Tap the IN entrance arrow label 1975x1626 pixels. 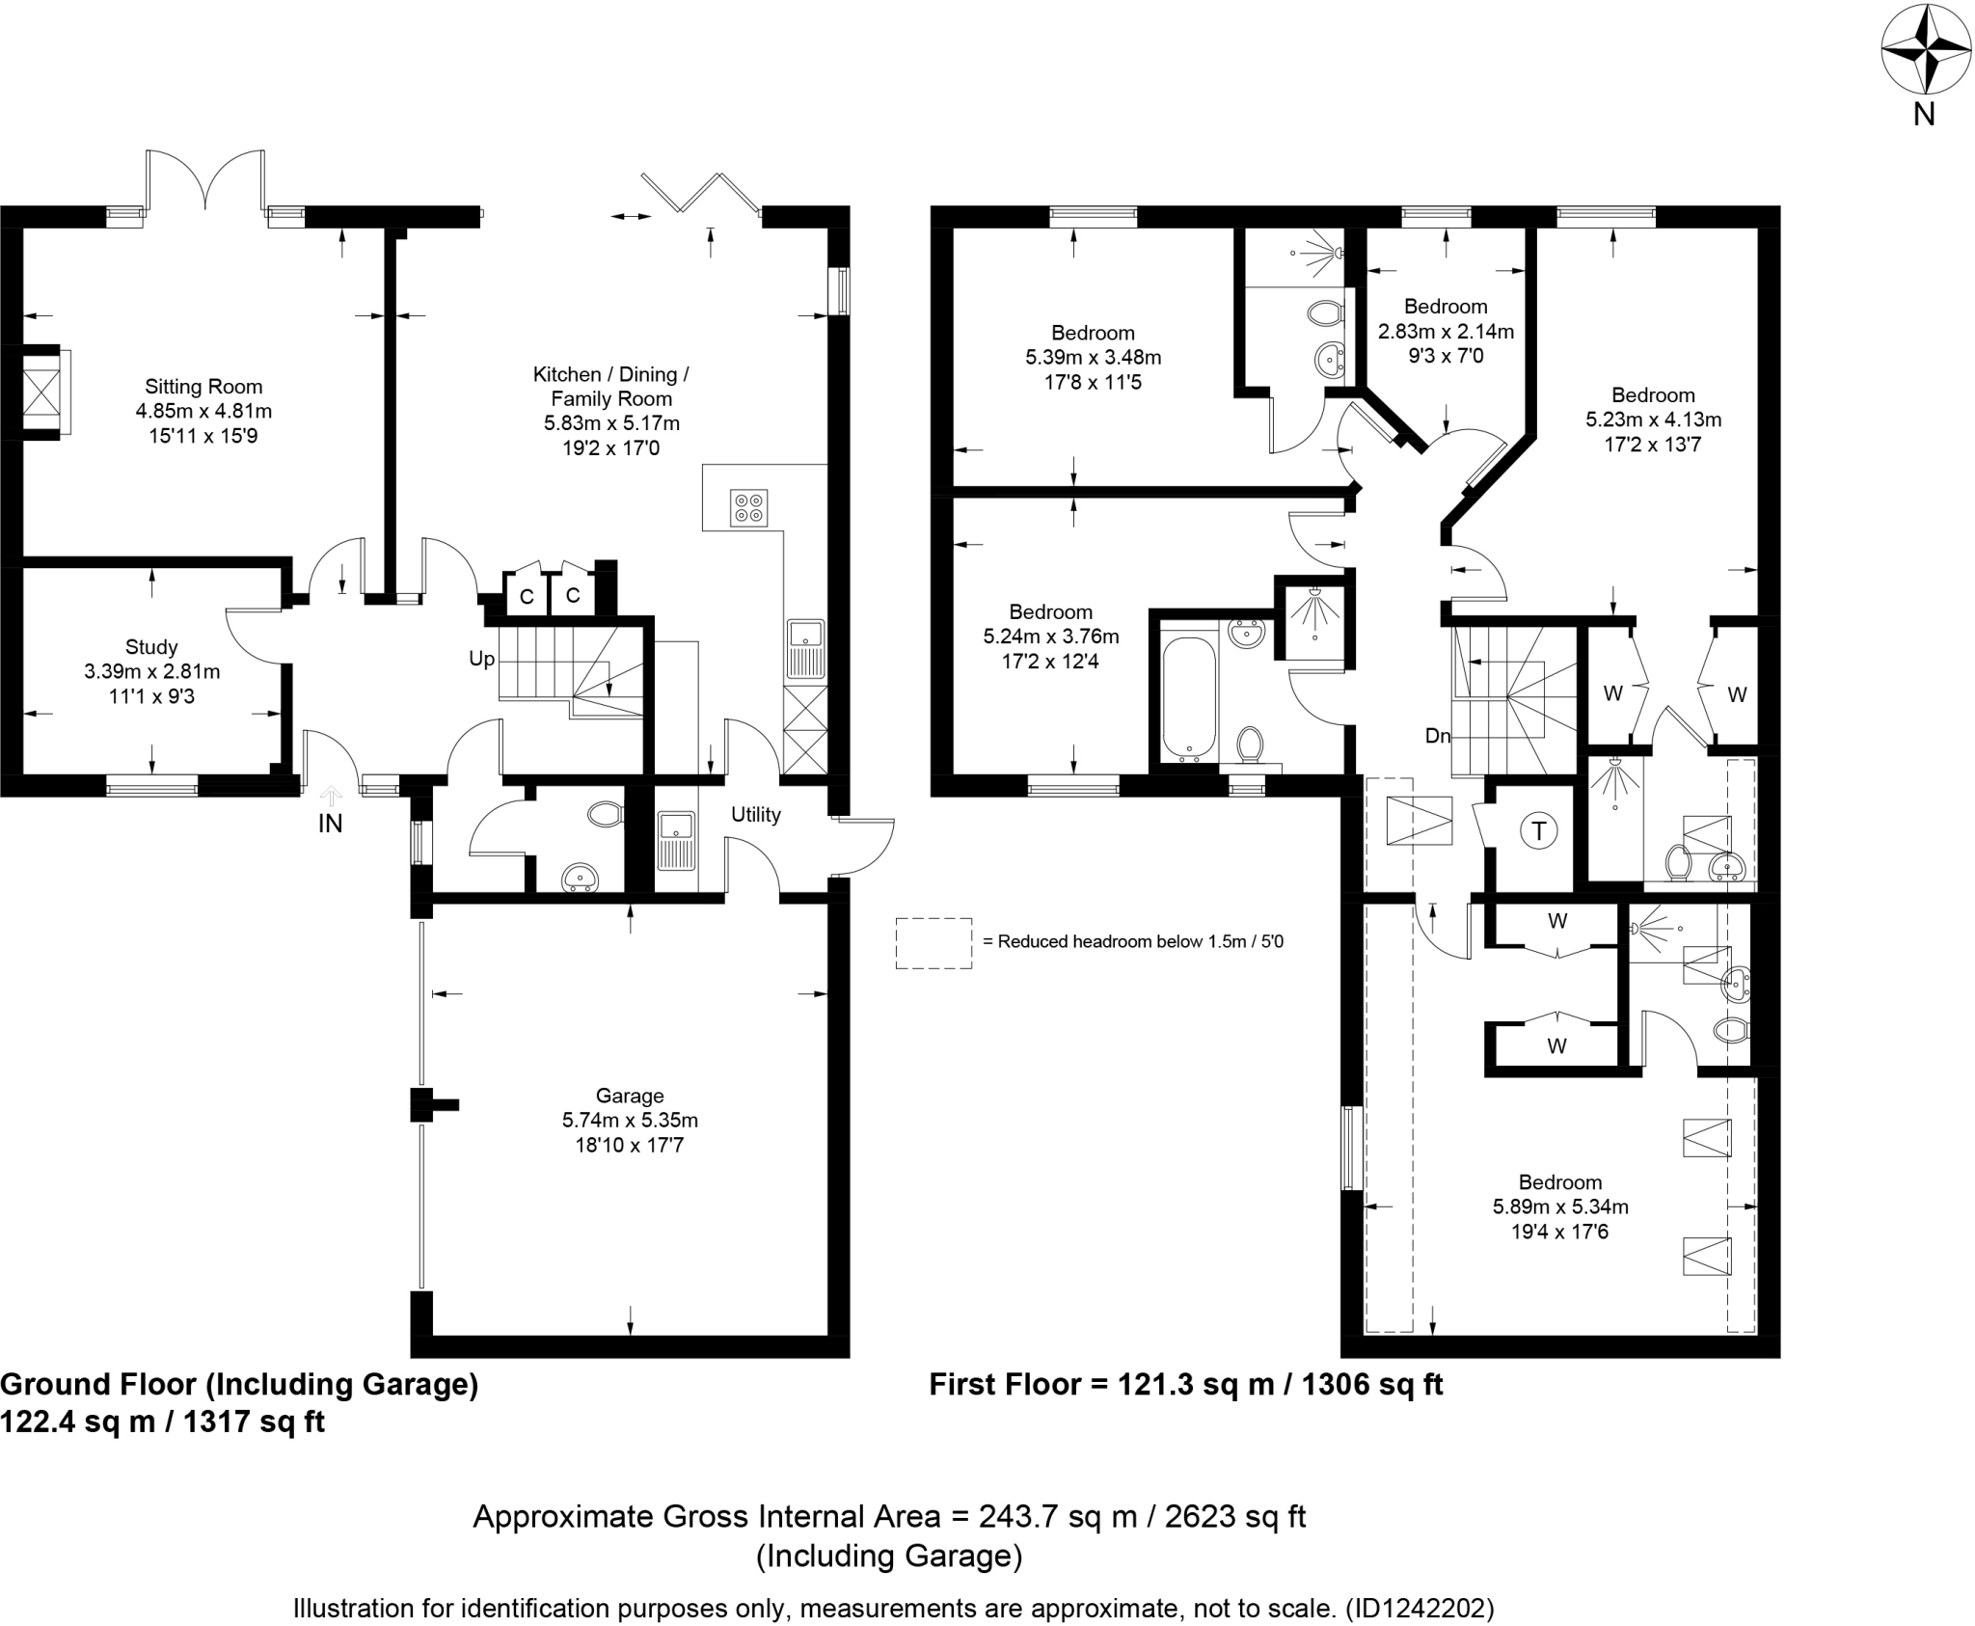(330, 824)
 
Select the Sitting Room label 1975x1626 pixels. (203, 387)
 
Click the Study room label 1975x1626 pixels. (151, 647)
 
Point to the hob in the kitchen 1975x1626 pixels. (749, 506)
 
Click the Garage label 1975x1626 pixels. (630, 1096)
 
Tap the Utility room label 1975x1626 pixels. (755, 815)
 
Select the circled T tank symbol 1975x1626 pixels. (1539, 830)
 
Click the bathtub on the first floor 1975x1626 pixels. (1189, 696)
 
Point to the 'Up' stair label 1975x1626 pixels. (481, 659)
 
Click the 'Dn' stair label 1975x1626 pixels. (1438, 736)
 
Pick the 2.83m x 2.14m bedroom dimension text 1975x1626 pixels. (1446, 332)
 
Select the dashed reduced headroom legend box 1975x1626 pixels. (933, 942)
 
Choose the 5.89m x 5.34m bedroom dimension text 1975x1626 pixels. (1560, 1206)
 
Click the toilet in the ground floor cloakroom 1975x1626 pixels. (606, 815)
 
